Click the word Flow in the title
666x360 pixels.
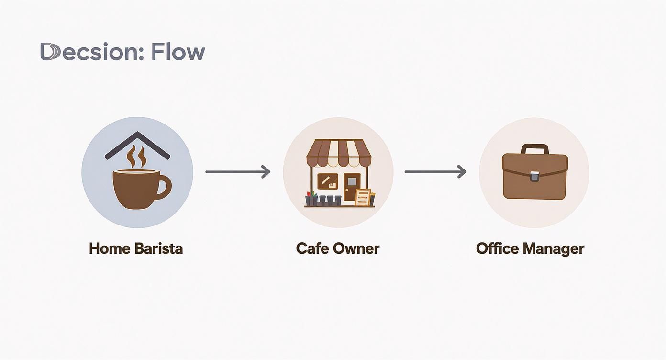point(178,52)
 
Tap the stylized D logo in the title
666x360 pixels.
point(49,52)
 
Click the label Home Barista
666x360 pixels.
point(136,249)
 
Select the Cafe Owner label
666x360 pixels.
point(338,249)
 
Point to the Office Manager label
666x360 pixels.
point(530,249)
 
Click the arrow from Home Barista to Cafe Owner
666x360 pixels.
point(238,171)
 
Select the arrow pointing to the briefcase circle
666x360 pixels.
point(435,171)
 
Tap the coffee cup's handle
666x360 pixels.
point(164,187)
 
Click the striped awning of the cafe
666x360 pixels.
point(338,152)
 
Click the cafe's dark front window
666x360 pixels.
point(328,182)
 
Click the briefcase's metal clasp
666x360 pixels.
point(534,177)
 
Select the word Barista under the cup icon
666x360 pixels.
point(158,249)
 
